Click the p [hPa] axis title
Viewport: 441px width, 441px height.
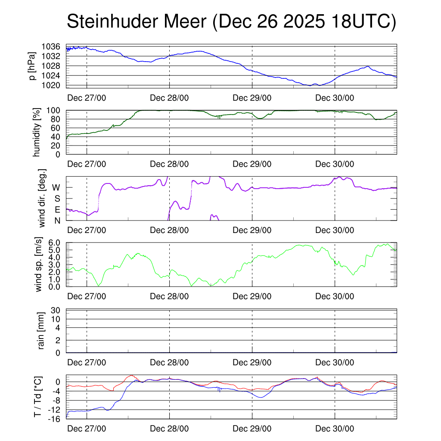[x=31, y=66]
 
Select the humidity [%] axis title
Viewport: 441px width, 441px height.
[x=37, y=132]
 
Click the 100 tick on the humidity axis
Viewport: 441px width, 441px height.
[x=56, y=110]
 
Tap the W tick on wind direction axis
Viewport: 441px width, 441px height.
[x=56, y=187]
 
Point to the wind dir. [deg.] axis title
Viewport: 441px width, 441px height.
[x=42, y=199]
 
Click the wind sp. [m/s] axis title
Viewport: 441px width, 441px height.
[x=39, y=264]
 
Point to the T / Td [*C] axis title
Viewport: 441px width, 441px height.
[x=38, y=397]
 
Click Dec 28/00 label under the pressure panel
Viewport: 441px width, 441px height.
[x=169, y=98]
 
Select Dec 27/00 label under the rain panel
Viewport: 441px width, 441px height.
[x=87, y=363]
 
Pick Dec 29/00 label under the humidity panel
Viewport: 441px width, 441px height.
[x=252, y=164]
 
